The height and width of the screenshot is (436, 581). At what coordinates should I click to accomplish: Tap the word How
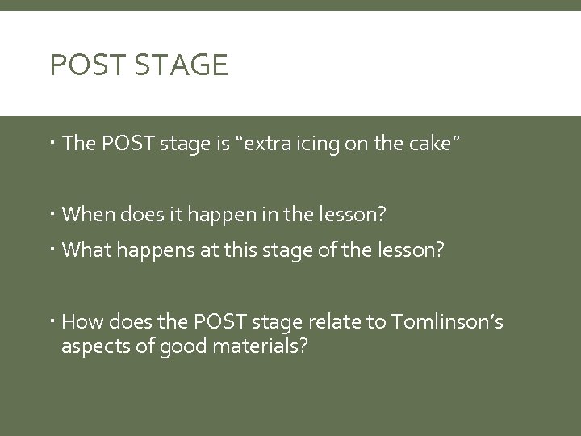coord(80,324)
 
